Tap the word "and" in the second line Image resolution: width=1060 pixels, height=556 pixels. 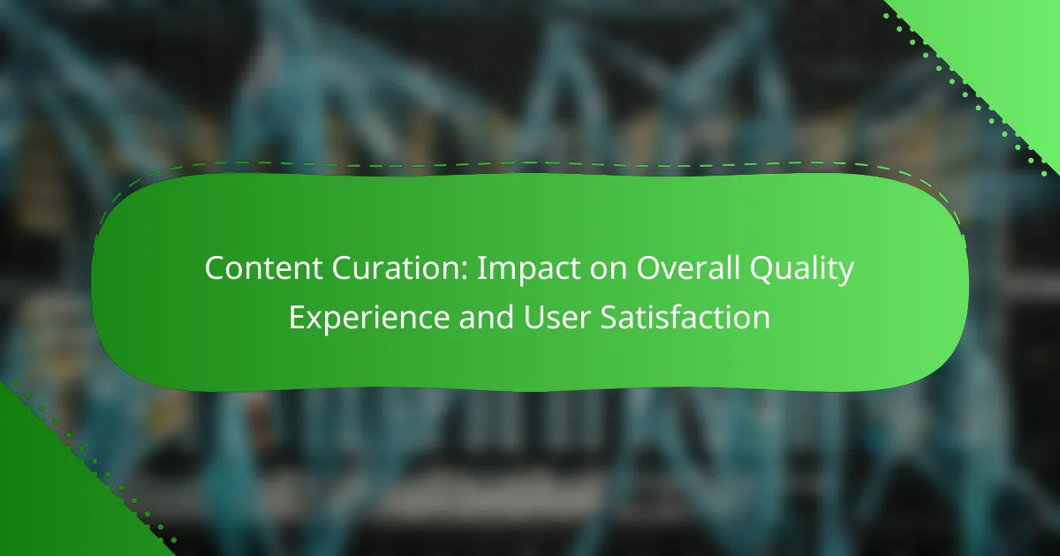click(487, 317)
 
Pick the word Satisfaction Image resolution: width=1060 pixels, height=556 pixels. click(685, 317)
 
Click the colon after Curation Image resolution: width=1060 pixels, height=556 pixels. click(465, 272)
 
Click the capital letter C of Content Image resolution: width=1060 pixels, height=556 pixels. click(216, 268)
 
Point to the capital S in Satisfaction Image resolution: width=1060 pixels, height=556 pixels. click(609, 317)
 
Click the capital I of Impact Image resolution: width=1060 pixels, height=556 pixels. click(481, 268)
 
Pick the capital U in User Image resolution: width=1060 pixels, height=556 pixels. click(534, 318)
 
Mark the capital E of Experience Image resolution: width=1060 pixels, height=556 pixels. click(298, 317)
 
